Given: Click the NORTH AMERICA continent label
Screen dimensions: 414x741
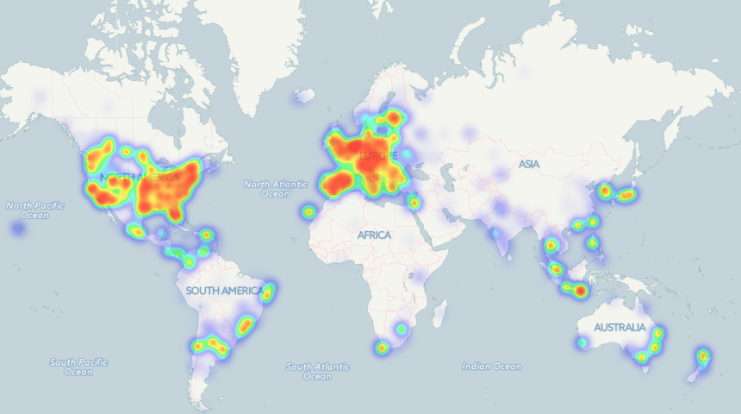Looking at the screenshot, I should click(x=139, y=178).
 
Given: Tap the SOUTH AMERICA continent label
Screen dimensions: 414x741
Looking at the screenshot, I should click(x=224, y=291).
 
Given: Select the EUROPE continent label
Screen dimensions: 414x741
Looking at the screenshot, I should click(x=376, y=156).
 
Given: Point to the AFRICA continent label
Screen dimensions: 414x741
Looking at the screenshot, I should click(x=374, y=235).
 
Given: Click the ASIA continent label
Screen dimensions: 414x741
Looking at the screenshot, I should click(x=528, y=164).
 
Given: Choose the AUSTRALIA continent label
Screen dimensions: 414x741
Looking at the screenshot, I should click(x=619, y=328).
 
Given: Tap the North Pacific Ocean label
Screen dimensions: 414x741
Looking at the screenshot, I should click(x=29, y=210).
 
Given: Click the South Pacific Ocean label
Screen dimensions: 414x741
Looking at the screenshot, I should click(x=78, y=367).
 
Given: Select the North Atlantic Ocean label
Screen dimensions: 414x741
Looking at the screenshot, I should click(x=275, y=188).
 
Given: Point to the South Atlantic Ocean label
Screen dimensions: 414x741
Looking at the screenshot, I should click(x=317, y=372).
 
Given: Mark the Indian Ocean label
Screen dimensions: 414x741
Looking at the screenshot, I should click(x=491, y=367).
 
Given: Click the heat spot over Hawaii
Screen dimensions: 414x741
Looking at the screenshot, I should click(x=18, y=229).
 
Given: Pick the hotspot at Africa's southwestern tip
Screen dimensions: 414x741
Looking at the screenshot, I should click(x=382, y=348).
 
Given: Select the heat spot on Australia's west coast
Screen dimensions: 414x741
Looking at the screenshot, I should click(x=582, y=342).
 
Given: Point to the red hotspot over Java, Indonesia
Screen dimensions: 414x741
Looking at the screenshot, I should click(x=580, y=291).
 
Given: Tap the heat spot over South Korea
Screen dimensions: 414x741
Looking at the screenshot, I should click(x=605, y=191).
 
